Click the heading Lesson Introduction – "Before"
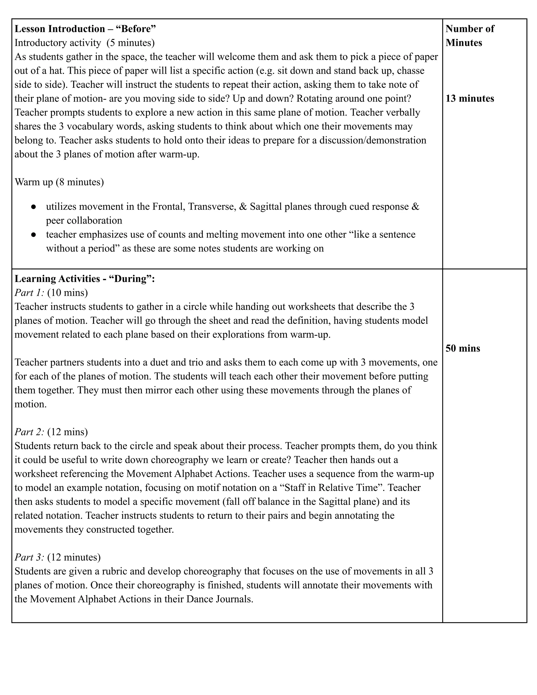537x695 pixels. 85,29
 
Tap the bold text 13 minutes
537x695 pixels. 470,99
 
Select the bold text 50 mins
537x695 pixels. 463,349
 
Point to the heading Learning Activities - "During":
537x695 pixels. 85,279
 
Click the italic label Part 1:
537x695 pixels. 29,293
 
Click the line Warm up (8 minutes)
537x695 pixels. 59,182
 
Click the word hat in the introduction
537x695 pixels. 57,71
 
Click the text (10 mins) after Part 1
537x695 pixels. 67,293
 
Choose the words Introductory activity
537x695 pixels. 58,43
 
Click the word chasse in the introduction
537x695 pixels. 410,71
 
